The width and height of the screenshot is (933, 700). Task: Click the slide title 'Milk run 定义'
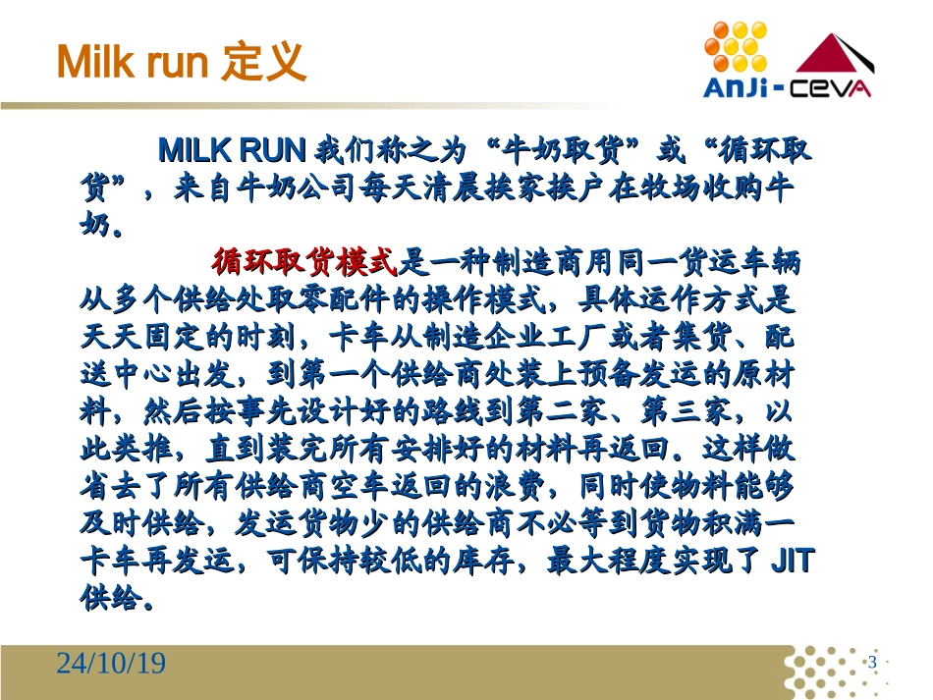[x=181, y=62]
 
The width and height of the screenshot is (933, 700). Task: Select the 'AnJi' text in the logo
[x=736, y=89]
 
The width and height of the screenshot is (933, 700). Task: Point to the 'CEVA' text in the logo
[x=834, y=89]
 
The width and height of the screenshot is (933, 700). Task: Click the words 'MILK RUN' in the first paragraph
[x=234, y=152]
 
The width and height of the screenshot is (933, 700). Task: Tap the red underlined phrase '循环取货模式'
[x=303, y=262]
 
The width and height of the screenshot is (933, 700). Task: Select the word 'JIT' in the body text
[x=791, y=562]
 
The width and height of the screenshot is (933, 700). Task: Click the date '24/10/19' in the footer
[x=110, y=665]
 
